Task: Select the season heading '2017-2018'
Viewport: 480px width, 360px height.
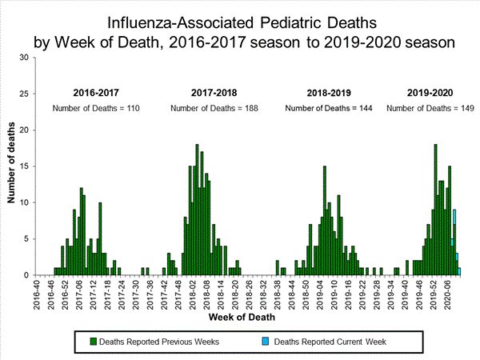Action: coord(214,93)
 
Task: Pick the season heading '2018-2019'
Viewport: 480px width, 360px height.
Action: coord(330,93)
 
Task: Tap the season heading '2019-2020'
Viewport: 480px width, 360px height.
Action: coord(430,93)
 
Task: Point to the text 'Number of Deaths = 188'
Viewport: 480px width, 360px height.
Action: coord(214,107)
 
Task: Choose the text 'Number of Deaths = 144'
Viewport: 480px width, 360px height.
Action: coord(330,107)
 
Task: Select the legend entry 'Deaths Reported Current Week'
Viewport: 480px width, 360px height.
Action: coord(330,342)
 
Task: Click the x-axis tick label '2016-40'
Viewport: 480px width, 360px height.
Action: coord(37,293)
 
